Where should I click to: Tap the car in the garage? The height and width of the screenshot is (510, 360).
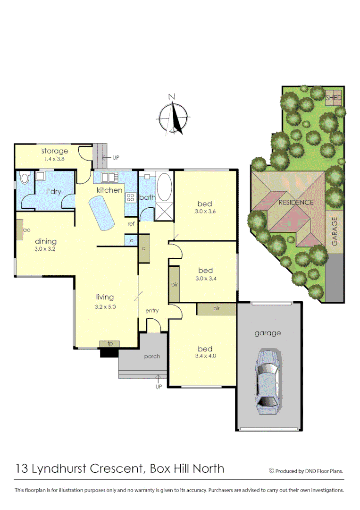(x=268, y=382)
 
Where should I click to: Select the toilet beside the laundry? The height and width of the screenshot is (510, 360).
(x=25, y=179)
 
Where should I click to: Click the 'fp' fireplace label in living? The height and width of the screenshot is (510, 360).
(x=109, y=343)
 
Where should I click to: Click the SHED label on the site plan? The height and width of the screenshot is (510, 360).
(x=334, y=98)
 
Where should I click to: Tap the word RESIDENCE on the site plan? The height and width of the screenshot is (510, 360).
(x=296, y=203)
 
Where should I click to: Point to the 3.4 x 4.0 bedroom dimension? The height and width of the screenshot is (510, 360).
(x=205, y=357)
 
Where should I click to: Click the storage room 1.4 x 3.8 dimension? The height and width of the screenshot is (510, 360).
(x=54, y=159)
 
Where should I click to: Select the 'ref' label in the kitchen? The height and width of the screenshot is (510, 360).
(x=131, y=224)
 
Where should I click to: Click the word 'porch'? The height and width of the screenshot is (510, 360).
(x=152, y=356)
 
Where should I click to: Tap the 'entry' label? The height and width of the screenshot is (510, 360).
(x=152, y=310)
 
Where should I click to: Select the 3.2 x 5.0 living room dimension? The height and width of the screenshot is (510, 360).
(x=105, y=306)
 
